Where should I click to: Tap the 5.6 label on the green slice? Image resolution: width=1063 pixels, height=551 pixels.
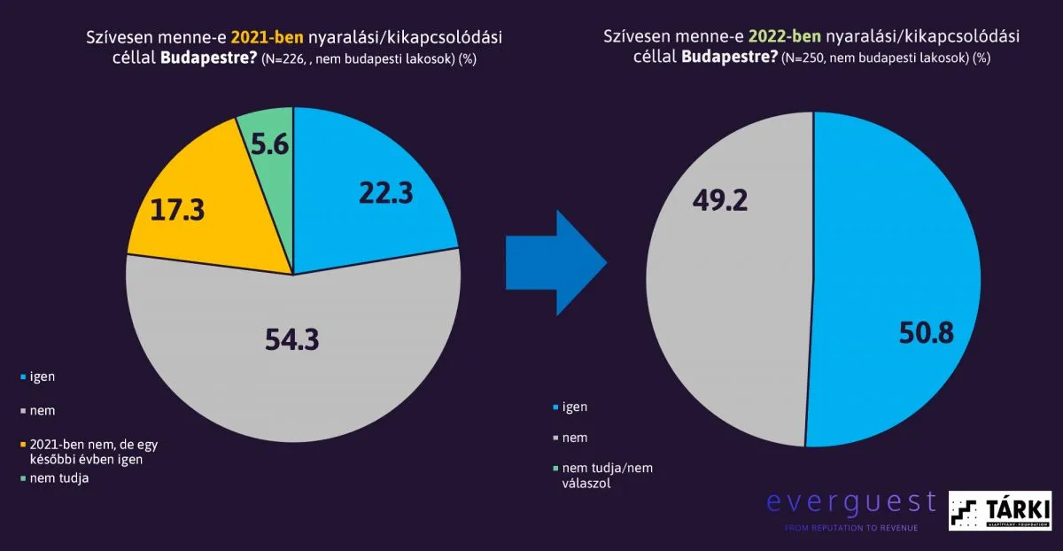pyautogui.click(x=268, y=144)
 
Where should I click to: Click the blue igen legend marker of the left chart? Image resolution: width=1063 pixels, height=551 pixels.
pyautogui.click(x=22, y=377)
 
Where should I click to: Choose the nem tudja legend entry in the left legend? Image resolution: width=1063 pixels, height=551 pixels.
pyautogui.click(x=58, y=478)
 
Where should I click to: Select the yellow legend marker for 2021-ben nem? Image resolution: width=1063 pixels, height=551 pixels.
pyautogui.click(x=22, y=444)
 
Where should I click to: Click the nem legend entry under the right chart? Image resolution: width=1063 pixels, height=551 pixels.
pyautogui.click(x=574, y=438)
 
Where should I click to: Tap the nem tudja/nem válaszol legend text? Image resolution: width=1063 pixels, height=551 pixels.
pyautogui.click(x=607, y=476)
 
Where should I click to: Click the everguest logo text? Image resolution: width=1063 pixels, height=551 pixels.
pyautogui.click(x=850, y=502)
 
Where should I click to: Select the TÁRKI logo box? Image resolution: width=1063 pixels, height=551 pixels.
pyautogui.click(x=999, y=511)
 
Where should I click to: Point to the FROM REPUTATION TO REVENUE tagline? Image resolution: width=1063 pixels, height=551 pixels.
pyautogui.click(x=850, y=529)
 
